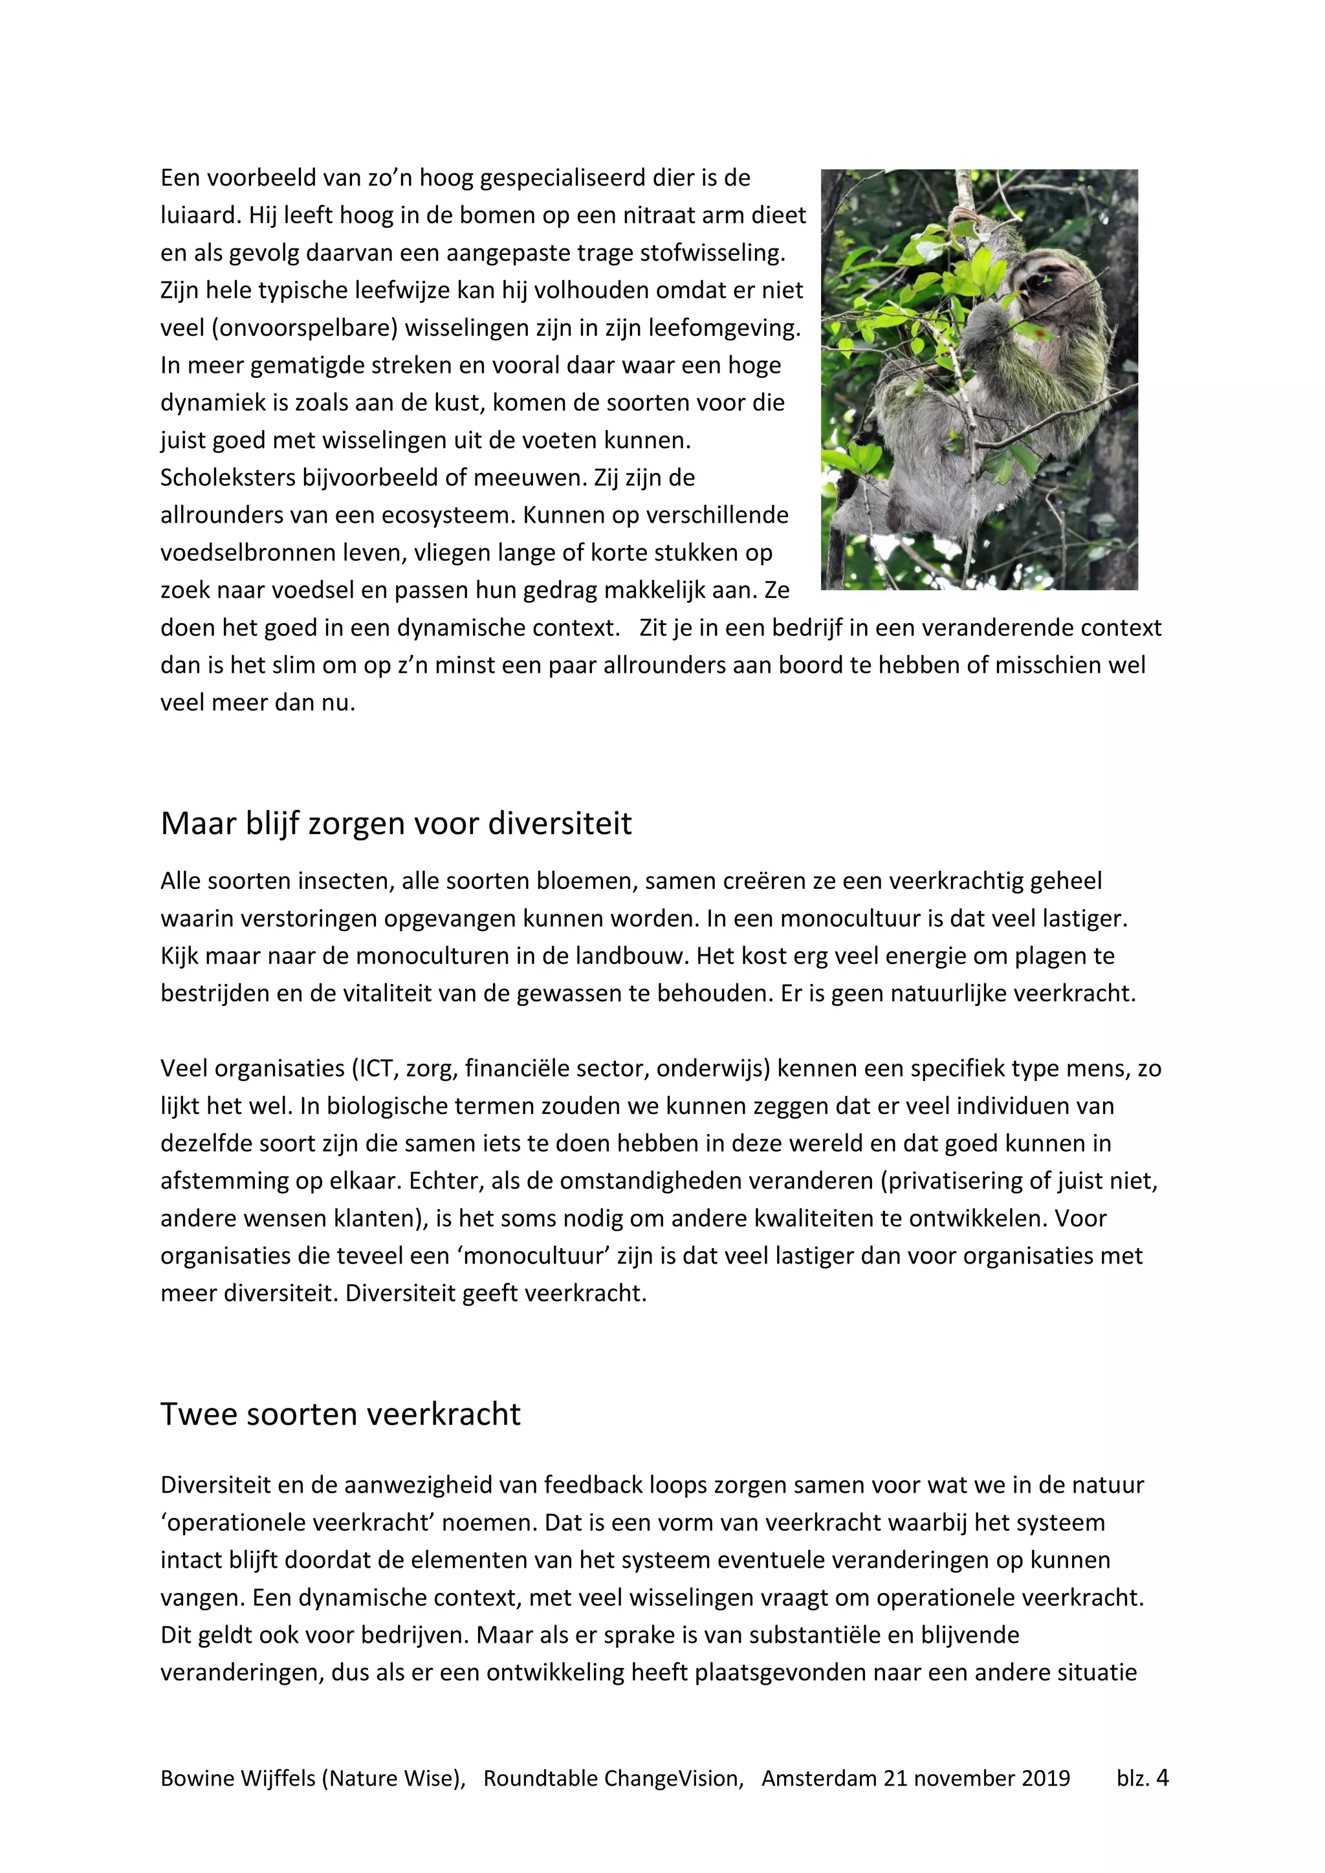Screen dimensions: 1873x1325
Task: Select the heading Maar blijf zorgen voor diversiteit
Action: pos(396,824)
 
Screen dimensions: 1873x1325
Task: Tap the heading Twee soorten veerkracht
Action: pos(340,1414)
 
